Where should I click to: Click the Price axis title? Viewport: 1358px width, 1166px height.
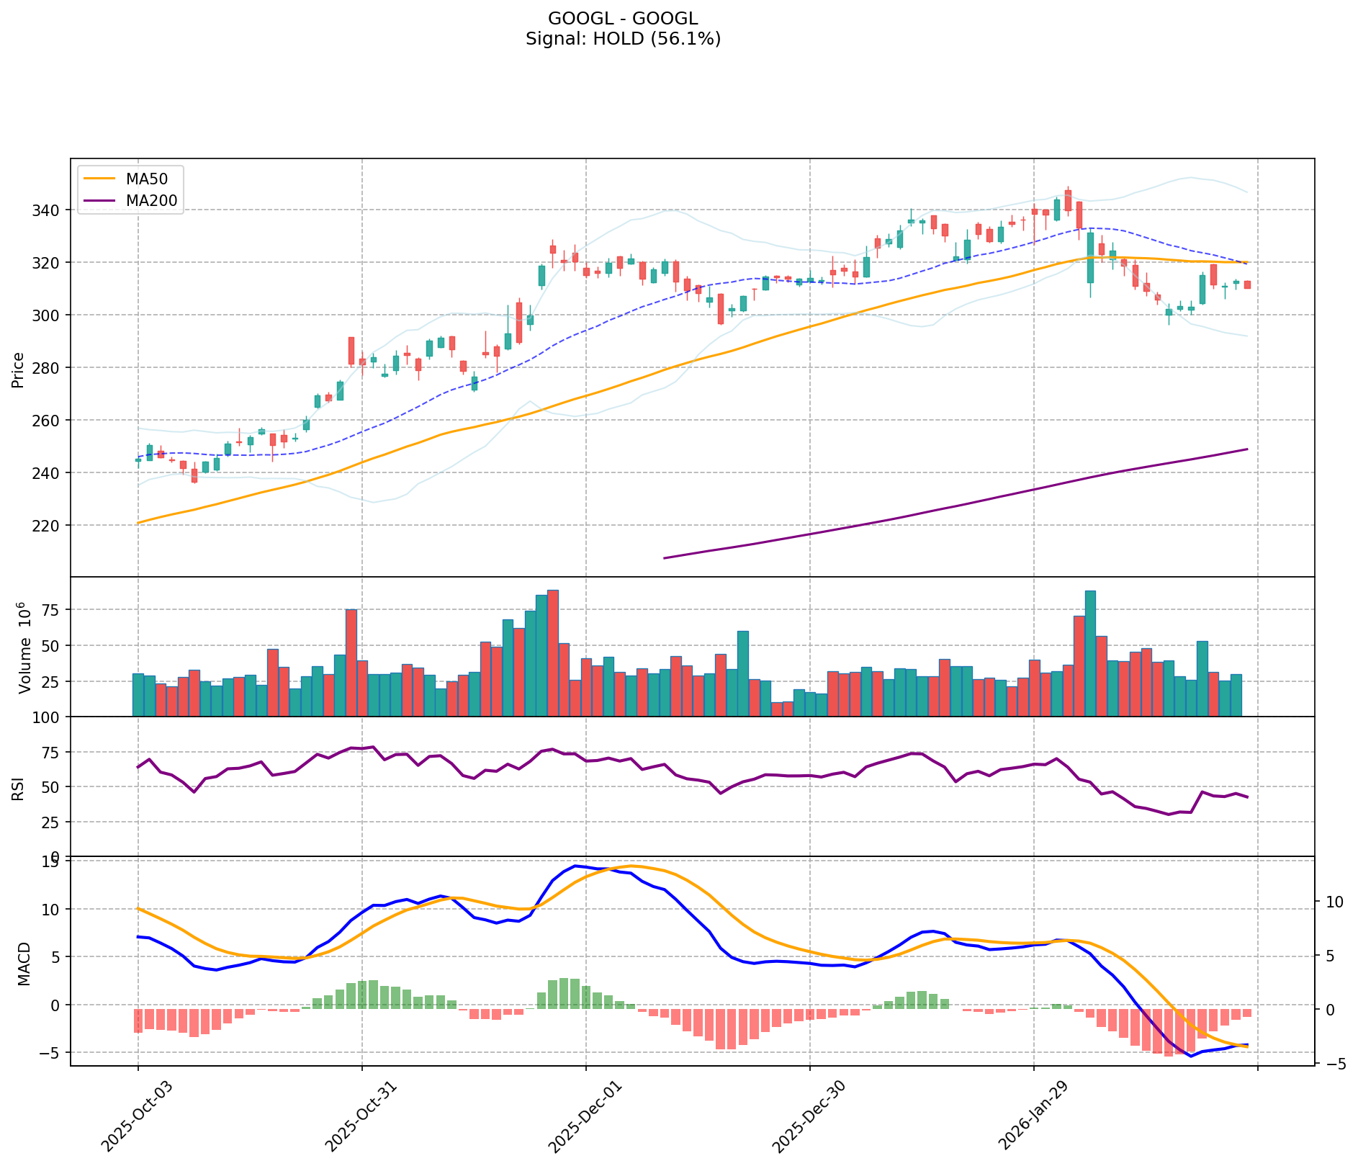tap(18, 369)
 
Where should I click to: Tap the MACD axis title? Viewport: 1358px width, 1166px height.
tap(24, 964)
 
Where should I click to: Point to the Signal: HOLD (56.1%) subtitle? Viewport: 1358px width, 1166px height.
tap(623, 39)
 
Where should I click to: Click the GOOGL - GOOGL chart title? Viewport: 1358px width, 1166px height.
tap(623, 19)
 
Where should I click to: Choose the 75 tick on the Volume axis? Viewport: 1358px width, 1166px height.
tap(57, 610)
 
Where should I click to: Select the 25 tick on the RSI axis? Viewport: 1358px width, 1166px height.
tap(57, 822)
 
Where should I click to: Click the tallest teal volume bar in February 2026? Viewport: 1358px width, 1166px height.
tap(1090, 652)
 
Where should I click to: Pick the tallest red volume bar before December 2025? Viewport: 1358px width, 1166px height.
tap(553, 652)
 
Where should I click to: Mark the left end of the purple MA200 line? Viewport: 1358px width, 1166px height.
tap(664, 557)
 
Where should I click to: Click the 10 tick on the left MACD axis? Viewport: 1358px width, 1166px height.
tap(57, 909)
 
